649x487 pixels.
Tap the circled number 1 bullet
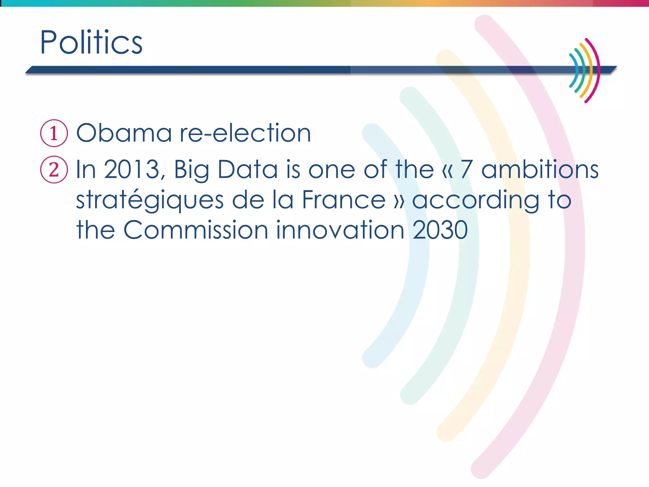54,133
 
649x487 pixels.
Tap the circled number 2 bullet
54,170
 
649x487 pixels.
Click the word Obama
124,133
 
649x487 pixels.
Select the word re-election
245,133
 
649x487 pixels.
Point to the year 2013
132,170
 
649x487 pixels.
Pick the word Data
247,170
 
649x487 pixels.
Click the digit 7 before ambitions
467,170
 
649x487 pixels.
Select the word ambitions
540,170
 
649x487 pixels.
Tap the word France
344,200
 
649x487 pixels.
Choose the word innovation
340,230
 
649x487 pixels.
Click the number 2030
440,230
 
